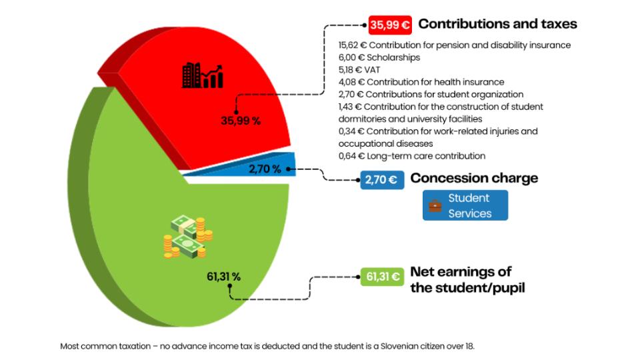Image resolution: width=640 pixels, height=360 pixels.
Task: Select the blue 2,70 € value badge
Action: point(381,179)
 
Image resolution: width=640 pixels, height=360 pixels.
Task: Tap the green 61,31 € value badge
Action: point(381,277)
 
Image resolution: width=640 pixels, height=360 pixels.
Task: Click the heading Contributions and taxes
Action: point(497,25)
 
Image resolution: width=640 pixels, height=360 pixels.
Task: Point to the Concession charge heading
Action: point(474,179)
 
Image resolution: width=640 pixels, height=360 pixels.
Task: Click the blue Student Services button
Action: point(465,205)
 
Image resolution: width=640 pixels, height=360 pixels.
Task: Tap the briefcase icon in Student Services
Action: point(435,205)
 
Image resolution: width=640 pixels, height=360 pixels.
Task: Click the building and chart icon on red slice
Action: point(202,76)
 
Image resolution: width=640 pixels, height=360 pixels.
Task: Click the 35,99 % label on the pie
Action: point(241,121)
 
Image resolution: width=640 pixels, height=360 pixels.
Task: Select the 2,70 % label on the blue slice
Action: point(265,169)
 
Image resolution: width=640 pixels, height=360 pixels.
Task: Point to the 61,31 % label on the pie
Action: point(223,276)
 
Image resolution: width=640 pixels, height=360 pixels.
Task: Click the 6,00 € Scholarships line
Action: point(379,57)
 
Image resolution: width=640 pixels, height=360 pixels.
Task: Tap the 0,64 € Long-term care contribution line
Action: point(411,156)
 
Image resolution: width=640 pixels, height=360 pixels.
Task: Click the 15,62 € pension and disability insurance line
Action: point(454,45)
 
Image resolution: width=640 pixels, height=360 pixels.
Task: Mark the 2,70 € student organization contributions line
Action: point(431,94)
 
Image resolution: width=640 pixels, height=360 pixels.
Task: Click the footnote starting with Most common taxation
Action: point(267,346)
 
